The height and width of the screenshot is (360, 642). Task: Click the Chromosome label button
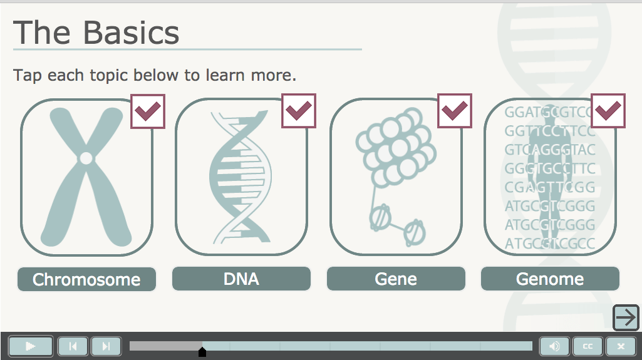[86, 279]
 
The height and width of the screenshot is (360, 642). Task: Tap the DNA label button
[241, 279]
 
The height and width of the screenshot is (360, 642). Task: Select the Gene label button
[396, 279]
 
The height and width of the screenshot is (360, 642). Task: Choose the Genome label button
[550, 279]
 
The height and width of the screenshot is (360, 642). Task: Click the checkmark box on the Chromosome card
[148, 111]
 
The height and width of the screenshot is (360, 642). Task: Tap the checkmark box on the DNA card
[299, 111]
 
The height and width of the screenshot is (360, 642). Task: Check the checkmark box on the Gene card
[455, 111]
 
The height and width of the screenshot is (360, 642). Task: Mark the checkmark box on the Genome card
[608, 111]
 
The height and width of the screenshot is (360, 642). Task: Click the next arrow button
[626, 317]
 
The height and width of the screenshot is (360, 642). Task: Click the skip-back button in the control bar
[73, 346]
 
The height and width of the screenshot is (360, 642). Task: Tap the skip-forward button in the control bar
[106, 346]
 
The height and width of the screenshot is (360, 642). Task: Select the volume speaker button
[554, 346]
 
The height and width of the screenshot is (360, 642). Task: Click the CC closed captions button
[588, 346]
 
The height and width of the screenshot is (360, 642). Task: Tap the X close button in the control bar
[621, 346]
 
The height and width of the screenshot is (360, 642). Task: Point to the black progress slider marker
[202, 352]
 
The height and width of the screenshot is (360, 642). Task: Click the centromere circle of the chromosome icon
[86, 158]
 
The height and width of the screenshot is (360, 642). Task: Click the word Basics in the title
[131, 33]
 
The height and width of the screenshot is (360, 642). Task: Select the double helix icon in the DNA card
[241, 177]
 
